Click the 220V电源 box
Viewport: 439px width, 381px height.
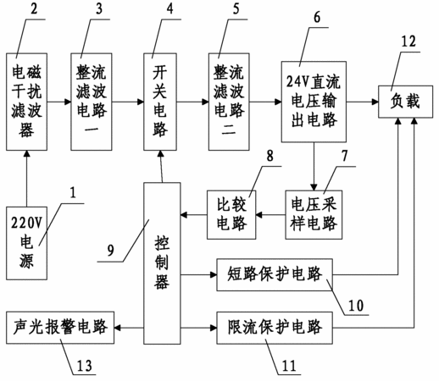point(26,243)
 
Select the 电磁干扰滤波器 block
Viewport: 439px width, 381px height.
point(26,102)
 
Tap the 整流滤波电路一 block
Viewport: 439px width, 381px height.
point(92,102)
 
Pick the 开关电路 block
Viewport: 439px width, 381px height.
point(160,102)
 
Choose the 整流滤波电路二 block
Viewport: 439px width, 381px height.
point(229,102)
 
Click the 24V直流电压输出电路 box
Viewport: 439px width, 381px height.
point(314,102)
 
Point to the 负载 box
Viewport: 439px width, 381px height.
point(405,102)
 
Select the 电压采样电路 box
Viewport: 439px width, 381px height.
point(314,215)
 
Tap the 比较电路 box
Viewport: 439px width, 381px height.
point(231,215)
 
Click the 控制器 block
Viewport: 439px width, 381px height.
point(162,263)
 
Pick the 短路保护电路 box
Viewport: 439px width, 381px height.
point(275,274)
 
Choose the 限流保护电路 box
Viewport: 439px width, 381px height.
point(275,328)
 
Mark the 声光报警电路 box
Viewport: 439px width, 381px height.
point(60,328)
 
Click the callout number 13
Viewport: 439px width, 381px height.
point(85,366)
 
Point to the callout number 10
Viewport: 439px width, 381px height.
point(356,306)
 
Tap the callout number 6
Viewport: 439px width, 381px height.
point(317,18)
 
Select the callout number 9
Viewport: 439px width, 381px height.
point(111,250)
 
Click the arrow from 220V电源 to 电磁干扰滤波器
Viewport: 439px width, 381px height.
point(27,179)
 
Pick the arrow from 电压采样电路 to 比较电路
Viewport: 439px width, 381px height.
point(270,215)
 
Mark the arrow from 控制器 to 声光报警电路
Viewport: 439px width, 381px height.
point(129,328)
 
